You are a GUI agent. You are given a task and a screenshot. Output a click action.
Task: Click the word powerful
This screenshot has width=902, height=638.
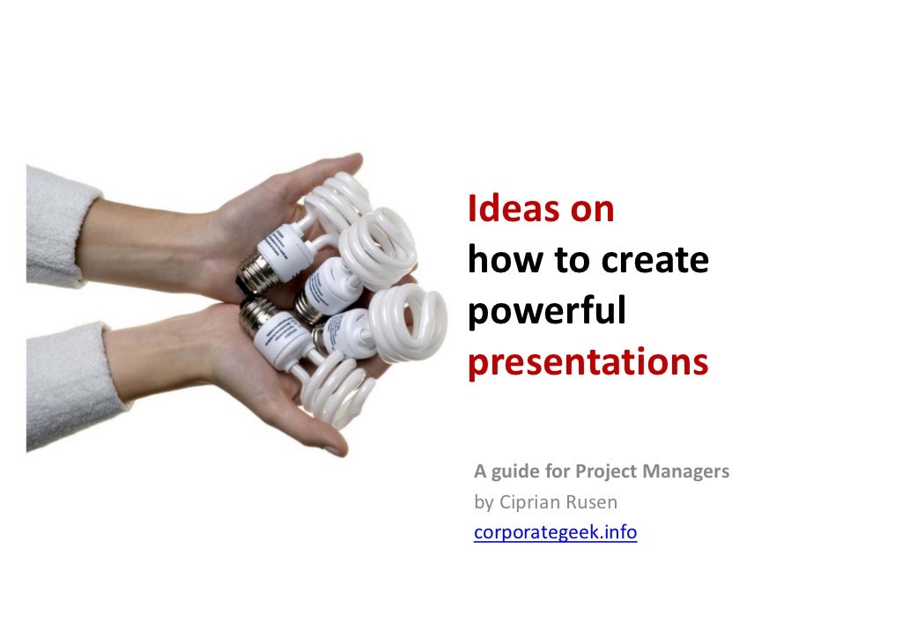(547, 313)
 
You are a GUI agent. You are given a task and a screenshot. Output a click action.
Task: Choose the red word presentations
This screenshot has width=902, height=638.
(588, 363)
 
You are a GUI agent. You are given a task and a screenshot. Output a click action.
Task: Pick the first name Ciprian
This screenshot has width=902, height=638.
(526, 502)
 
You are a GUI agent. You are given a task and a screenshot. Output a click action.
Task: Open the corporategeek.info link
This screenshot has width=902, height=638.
(555, 533)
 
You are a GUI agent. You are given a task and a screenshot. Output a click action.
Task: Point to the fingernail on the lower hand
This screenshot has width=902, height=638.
(333, 450)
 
